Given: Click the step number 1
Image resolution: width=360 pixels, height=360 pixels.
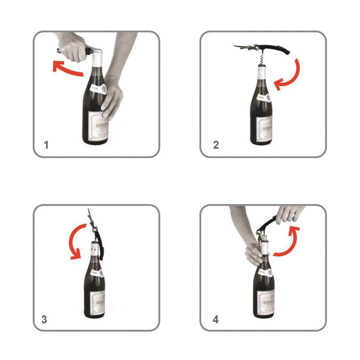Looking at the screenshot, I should pos(46,145).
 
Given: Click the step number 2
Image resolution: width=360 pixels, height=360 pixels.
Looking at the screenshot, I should pos(216,145).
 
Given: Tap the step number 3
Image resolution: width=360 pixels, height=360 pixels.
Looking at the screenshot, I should pos(45,319).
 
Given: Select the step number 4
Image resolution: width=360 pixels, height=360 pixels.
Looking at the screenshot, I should pos(216,319).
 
